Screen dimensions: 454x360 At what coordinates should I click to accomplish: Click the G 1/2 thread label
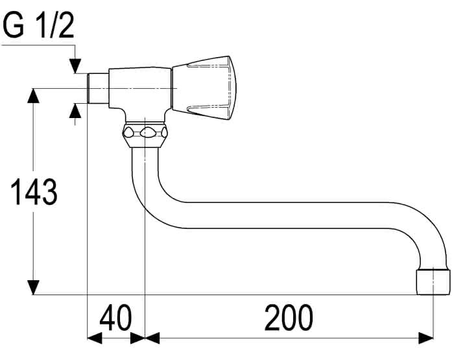point(38,25)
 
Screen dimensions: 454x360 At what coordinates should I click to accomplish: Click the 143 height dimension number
point(34,192)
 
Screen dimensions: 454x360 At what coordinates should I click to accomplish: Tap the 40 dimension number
point(115,317)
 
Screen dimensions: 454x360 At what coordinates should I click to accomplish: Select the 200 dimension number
point(289,317)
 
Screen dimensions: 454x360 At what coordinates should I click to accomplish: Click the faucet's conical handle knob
point(204,88)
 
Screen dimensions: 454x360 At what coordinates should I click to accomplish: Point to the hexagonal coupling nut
point(145,135)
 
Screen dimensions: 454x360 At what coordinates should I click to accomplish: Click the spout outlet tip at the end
point(433,282)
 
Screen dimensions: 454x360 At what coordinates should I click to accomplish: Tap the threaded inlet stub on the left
point(98,88)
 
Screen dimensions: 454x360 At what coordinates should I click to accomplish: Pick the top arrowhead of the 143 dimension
point(33,95)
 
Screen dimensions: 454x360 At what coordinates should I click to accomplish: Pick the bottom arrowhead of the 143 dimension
point(33,287)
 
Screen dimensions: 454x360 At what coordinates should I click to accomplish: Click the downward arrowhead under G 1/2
point(75,66)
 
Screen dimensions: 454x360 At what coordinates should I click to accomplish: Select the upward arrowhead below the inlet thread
point(75,110)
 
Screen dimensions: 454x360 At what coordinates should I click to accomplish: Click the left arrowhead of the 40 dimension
point(95,338)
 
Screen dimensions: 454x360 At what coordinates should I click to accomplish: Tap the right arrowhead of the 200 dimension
point(426,338)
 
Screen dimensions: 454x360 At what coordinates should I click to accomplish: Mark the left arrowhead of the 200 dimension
point(152,338)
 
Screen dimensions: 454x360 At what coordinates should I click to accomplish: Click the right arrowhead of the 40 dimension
point(137,338)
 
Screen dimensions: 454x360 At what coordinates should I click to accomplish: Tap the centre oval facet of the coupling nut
point(147,133)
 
